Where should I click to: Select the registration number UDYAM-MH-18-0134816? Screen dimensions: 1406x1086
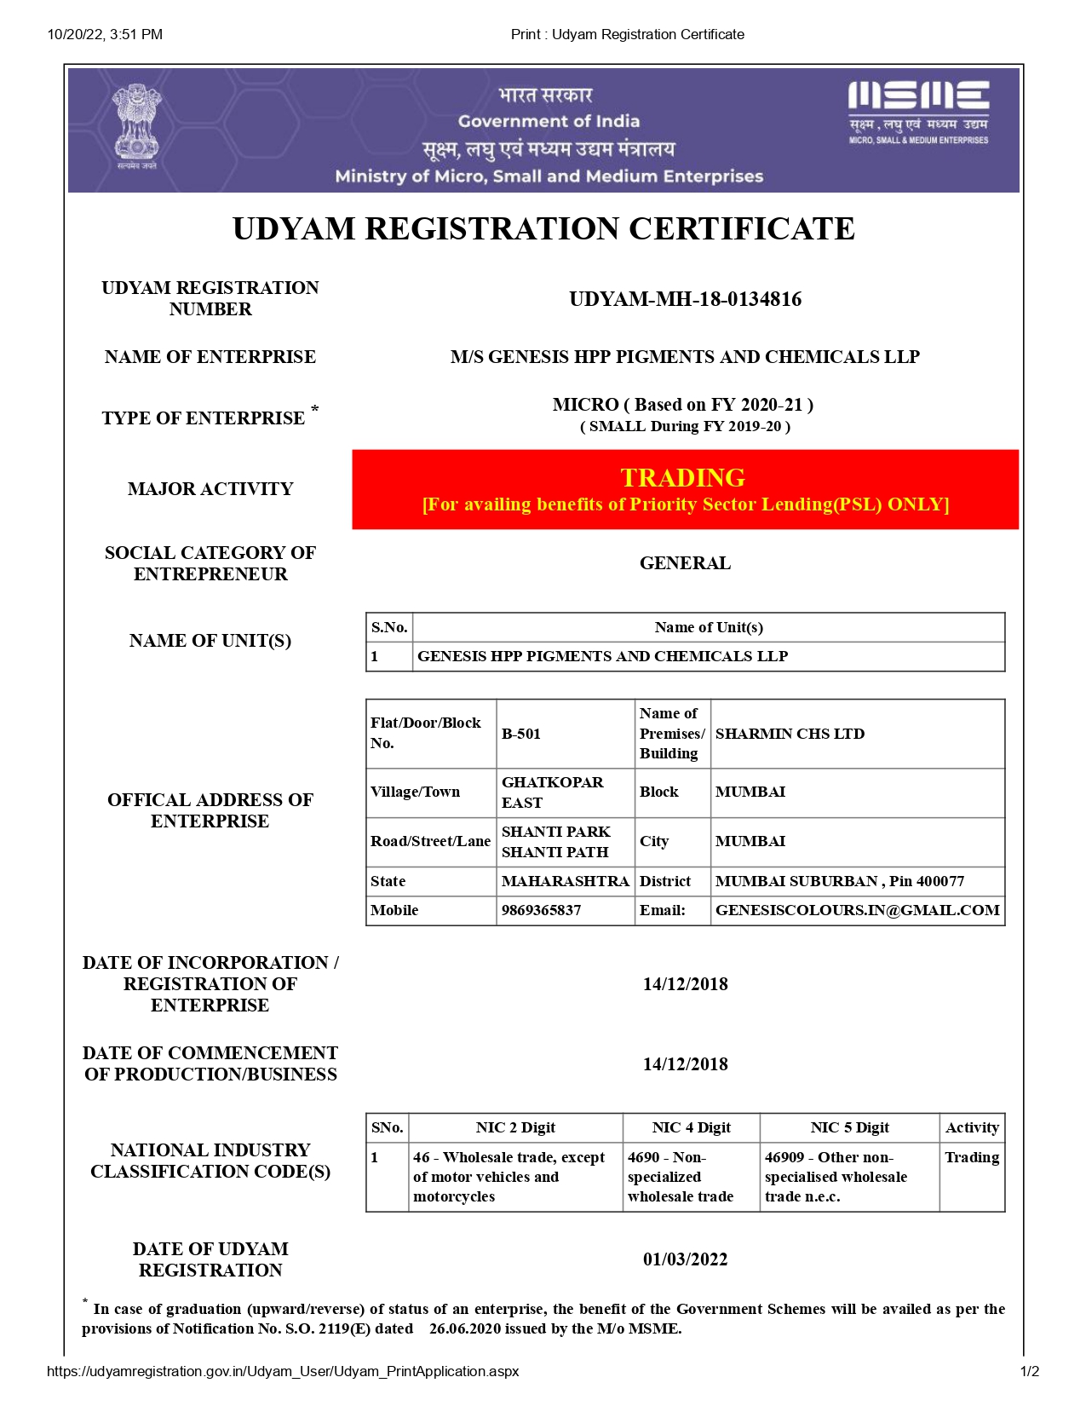[x=685, y=299]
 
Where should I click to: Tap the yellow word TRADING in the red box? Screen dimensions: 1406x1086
[x=682, y=477]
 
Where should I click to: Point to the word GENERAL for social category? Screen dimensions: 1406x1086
[x=685, y=563]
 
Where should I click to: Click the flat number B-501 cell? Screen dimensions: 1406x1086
[x=521, y=734]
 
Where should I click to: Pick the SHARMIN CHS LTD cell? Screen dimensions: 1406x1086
[x=790, y=734]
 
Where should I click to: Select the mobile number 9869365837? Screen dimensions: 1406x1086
[x=541, y=910]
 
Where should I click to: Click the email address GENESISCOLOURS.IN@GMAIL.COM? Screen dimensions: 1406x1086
[x=857, y=910]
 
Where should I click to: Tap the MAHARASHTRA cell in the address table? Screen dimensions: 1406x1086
[x=565, y=881]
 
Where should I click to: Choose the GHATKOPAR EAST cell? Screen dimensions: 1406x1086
[x=552, y=792]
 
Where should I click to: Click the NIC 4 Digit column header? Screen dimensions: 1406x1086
[x=691, y=1127]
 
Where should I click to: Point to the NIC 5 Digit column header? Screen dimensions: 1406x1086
[x=849, y=1127]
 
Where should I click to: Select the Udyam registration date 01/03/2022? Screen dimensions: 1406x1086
[x=685, y=1259]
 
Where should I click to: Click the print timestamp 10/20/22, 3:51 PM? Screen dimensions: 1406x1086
[x=105, y=34]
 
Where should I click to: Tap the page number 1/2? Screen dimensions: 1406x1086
[x=1029, y=1371]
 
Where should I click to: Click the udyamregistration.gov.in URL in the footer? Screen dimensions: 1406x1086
[x=283, y=1371]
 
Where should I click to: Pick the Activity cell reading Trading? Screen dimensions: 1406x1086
[x=971, y=1157]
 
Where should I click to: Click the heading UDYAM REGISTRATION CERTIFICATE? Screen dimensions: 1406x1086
[x=543, y=228]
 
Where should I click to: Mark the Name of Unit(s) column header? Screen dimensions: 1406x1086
[x=709, y=627]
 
